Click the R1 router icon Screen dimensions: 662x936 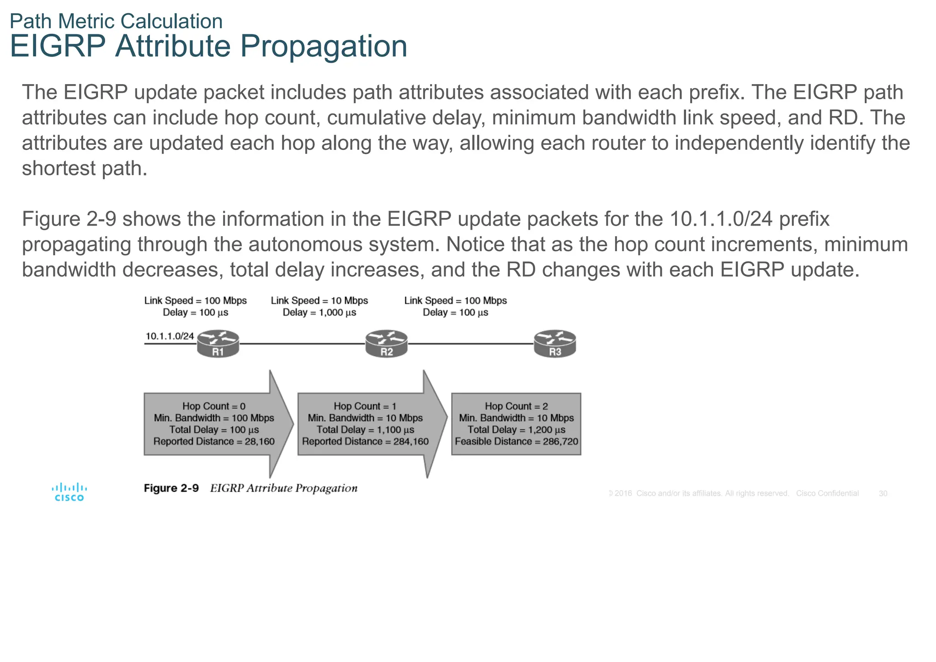218,344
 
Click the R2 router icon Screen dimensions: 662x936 386,344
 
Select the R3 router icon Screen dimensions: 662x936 555,344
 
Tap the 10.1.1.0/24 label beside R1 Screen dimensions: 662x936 170,336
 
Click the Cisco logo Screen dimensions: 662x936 69,492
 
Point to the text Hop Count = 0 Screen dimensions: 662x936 214,406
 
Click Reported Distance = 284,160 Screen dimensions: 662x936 365,441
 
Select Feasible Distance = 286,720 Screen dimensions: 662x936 516,441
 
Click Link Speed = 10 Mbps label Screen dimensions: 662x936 319,301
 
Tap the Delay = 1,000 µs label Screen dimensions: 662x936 319,312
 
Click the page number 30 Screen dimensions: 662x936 883,493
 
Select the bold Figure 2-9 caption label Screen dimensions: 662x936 171,488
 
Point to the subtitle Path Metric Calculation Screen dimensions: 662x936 116,21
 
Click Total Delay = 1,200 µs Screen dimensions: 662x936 516,430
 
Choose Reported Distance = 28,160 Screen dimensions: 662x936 214,441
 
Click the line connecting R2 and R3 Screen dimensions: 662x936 471,344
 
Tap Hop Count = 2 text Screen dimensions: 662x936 516,406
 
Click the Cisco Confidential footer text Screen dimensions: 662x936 827,493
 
